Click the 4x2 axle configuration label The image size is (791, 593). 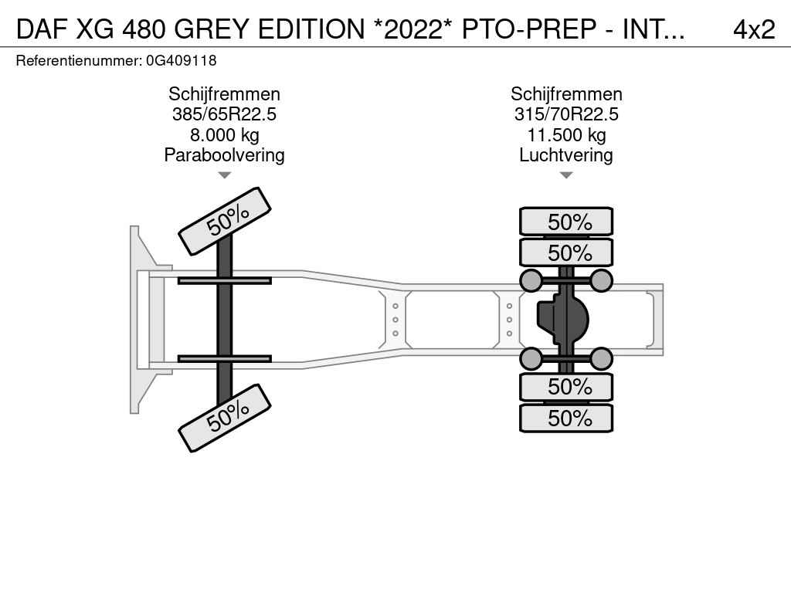point(754,29)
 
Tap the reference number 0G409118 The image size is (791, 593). point(181,61)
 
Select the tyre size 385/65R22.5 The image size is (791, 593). point(224,114)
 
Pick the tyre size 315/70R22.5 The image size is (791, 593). point(566,114)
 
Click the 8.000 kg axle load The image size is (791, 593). point(224,135)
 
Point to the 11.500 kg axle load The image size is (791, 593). point(566,135)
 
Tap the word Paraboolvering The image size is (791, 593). point(224,155)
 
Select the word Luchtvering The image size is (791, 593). point(566,155)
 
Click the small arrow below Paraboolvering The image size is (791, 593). point(224,175)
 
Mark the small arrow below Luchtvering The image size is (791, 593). point(566,175)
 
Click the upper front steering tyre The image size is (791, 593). point(225,221)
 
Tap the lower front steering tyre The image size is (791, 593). point(225,418)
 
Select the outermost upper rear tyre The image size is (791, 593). point(566,222)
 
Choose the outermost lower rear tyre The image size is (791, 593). point(566,418)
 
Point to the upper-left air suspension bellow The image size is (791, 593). point(531,280)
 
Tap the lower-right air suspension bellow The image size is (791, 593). point(601,358)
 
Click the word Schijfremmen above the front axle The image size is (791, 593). point(224,94)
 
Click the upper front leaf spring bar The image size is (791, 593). point(225,280)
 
